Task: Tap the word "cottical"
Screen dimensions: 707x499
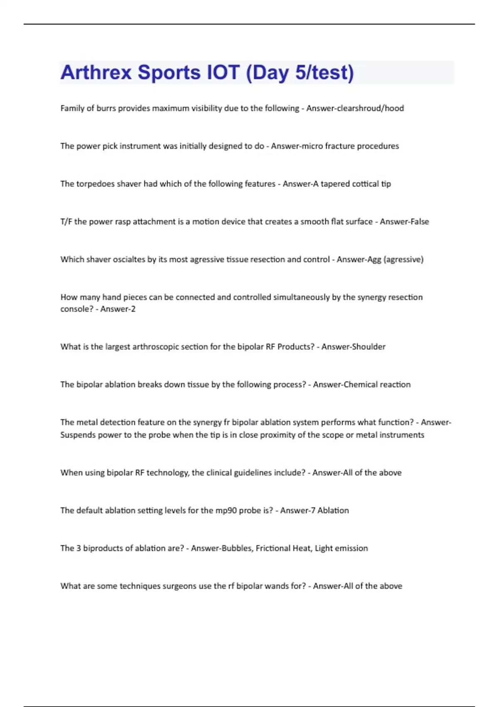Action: [366, 184]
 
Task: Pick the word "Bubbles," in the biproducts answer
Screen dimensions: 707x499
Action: [237, 548]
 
